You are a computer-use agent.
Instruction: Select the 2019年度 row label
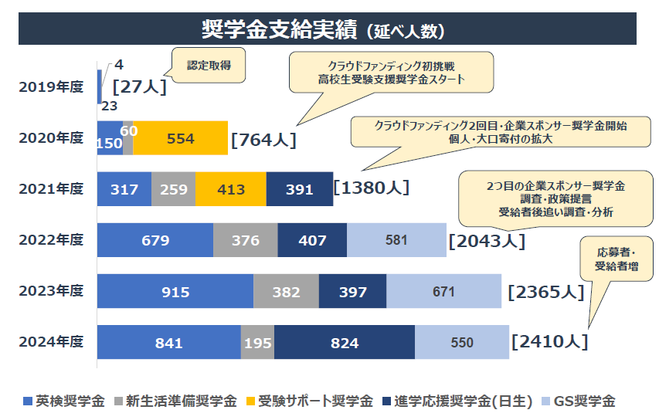coord(51,86)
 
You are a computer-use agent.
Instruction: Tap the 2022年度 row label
coord(51,240)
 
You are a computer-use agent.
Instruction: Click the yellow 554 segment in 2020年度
coord(181,139)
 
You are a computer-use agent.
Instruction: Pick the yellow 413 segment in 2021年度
coord(231,190)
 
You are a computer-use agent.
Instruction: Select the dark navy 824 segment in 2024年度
coord(345,343)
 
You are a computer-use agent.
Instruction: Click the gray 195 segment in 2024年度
coord(257,343)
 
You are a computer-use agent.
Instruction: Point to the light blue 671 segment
coord(443,292)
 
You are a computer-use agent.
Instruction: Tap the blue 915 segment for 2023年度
coord(175,292)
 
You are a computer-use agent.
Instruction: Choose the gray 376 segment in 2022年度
coord(245,241)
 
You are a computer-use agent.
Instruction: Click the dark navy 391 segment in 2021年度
coord(300,190)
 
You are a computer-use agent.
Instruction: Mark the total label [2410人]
coord(549,340)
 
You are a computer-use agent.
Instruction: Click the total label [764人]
coord(263,140)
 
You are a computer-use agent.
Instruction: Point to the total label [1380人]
coord(371,188)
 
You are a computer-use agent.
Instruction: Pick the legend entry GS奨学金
coord(580,401)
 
